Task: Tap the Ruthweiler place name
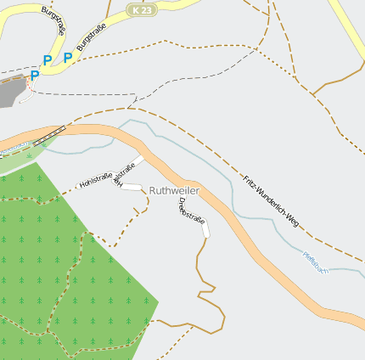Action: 173,191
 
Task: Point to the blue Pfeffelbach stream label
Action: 314,262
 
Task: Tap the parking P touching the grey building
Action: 34,76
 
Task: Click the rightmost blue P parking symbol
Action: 67,58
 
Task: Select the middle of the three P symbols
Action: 48,60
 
